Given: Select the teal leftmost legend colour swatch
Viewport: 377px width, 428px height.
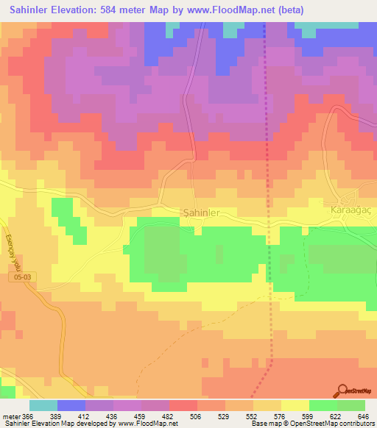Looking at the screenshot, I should (x=43, y=405).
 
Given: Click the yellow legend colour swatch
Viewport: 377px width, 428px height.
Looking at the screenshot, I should (x=295, y=405).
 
